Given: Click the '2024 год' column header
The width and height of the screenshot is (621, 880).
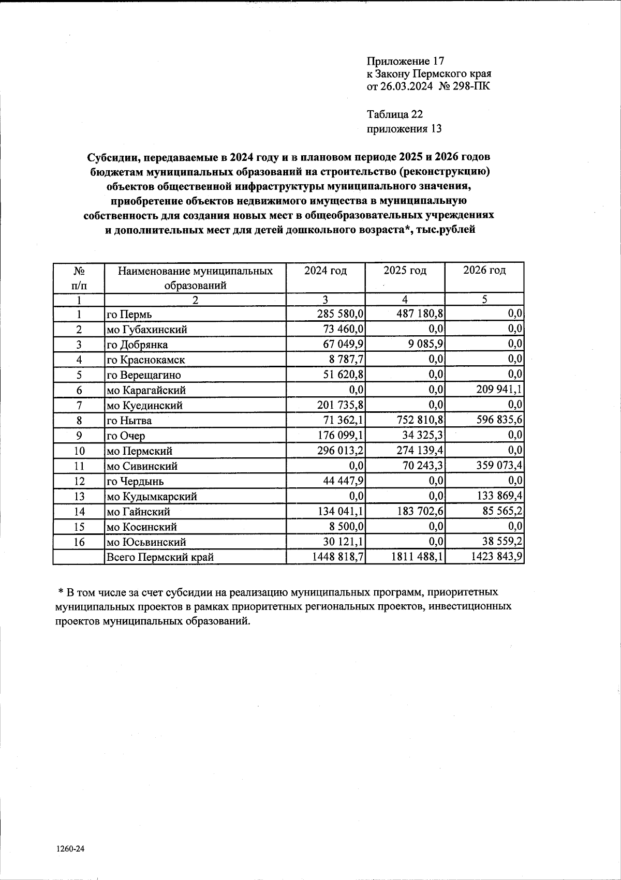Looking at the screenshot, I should click(x=326, y=270).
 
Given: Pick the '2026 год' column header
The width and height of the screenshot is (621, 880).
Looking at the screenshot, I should click(x=484, y=270).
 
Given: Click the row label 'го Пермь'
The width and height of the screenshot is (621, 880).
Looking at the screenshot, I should click(x=129, y=315).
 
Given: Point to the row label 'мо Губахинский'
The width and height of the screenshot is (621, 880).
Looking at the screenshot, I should click(x=147, y=330).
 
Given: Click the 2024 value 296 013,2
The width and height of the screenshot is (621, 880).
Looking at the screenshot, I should click(x=337, y=451).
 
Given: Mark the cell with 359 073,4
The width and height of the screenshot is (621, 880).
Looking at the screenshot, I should click(x=496, y=466).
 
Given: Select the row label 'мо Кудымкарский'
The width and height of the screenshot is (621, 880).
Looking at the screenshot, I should click(x=152, y=497).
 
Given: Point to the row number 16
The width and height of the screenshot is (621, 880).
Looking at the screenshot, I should click(x=79, y=542).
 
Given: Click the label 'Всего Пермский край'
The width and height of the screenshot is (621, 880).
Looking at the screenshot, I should click(x=160, y=557).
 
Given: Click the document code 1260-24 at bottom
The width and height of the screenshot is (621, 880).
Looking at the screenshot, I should click(x=70, y=849).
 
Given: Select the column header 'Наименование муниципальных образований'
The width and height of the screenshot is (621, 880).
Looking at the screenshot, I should click(x=195, y=278).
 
